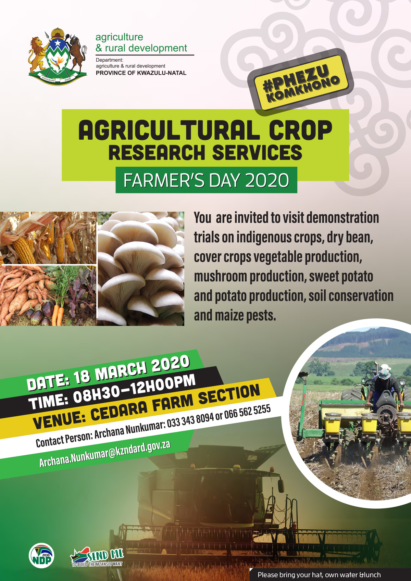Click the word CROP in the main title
pos(300,130)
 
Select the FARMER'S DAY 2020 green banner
pos(206,180)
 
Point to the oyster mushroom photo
pos(141,268)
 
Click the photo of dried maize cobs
pos(48,238)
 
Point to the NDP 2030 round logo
pos(41,556)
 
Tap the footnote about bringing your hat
pos(319,575)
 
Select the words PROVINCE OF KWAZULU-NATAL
pos(141,73)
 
